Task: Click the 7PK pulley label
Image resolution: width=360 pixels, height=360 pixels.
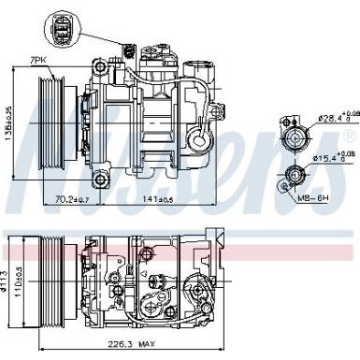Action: coord(36,60)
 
